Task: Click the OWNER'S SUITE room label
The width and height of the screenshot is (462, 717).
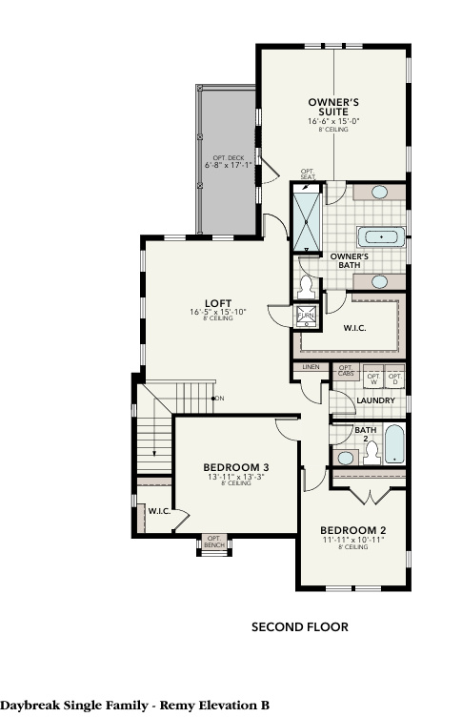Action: pyautogui.click(x=332, y=106)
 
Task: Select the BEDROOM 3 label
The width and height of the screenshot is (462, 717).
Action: pyautogui.click(x=236, y=467)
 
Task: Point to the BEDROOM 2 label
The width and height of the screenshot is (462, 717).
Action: pyautogui.click(x=352, y=530)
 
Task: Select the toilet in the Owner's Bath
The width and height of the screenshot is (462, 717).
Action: pyautogui.click(x=308, y=282)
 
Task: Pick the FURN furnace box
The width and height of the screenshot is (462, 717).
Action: pyautogui.click(x=307, y=316)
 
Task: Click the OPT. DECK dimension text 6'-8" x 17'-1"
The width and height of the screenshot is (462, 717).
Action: pyautogui.click(x=229, y=165)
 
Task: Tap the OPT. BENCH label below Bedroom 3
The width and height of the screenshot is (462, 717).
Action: pyautogui.click(x=213, y=542)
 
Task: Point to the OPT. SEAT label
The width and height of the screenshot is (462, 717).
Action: pyautogui.click(x=308, y=175)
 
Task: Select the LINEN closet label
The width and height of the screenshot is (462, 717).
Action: pyautogui.click(x=311, y=367)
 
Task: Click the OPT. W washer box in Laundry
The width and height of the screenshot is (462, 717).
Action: pyautogui.click(x=373, y=379)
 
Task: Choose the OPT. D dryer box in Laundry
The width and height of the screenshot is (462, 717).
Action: pyautogui.click(x=395, y=379)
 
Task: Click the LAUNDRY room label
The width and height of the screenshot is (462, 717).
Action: pyautogui.click(x=374, y=400)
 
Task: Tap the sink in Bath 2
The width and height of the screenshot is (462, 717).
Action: pyautogui.click(x=345, y=458)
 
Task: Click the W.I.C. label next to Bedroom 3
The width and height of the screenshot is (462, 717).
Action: pyautogui.click(x=158, y=511)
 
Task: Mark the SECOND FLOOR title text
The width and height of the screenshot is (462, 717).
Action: pyautogui.click(x=299, y=627)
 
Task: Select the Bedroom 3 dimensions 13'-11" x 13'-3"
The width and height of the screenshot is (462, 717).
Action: pyautogui.click(x=236, y=477)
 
